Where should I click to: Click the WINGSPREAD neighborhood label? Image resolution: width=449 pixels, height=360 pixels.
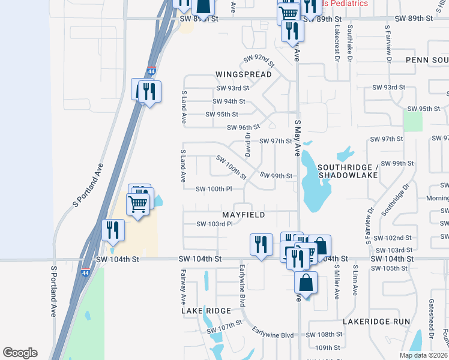click(243, 74)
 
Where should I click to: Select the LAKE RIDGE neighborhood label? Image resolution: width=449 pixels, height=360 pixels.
click(206, 311)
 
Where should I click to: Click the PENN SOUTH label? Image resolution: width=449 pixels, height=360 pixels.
click(426, 60)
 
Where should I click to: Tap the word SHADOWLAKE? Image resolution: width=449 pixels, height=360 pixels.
click(348, 175)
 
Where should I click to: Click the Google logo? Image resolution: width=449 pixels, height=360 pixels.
click(20, 353)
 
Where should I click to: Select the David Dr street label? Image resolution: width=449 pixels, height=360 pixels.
click(247, 142)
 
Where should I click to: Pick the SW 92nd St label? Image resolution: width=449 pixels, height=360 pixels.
click(259, 60)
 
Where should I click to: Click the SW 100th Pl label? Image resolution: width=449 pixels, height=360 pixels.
click(214, 189)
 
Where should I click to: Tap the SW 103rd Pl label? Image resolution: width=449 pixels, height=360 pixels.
click(214, 224)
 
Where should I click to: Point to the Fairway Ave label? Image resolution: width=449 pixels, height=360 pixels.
click(183, 285)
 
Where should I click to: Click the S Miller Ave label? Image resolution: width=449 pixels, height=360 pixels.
click(337, 282)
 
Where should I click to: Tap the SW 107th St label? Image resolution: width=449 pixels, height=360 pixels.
click(224, 326)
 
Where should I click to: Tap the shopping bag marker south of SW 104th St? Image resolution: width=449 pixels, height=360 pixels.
click(306, 283)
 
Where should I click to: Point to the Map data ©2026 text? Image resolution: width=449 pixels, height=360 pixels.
click(423, 355)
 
